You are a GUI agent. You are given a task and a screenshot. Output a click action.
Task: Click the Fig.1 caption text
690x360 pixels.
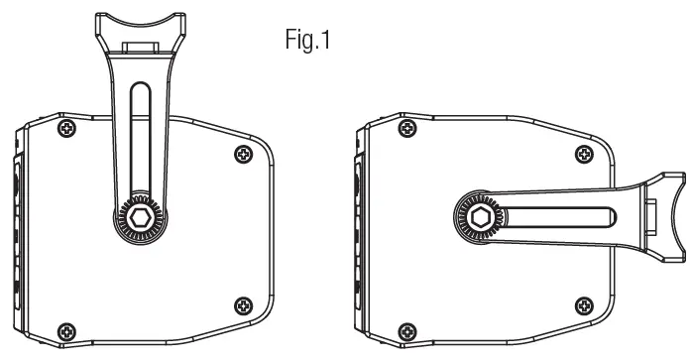click(307, 39)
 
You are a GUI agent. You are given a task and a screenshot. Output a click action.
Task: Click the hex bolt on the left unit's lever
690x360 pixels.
click(141, 217)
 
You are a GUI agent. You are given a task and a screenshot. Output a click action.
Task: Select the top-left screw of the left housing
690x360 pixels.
click(66, 129)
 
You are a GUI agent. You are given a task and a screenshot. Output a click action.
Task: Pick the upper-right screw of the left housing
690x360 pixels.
click(243, 154)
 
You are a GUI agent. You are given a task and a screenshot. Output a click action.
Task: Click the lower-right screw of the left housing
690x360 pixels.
click(243, 305)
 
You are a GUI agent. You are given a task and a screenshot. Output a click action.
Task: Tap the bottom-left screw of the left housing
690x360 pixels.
click(66, 331)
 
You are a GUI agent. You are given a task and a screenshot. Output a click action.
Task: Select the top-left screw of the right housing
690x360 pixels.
click(407, 129)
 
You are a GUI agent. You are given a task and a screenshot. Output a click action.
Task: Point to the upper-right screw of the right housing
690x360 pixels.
click(584, 154)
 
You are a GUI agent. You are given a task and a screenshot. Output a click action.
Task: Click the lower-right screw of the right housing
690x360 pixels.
click(584, 305)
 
